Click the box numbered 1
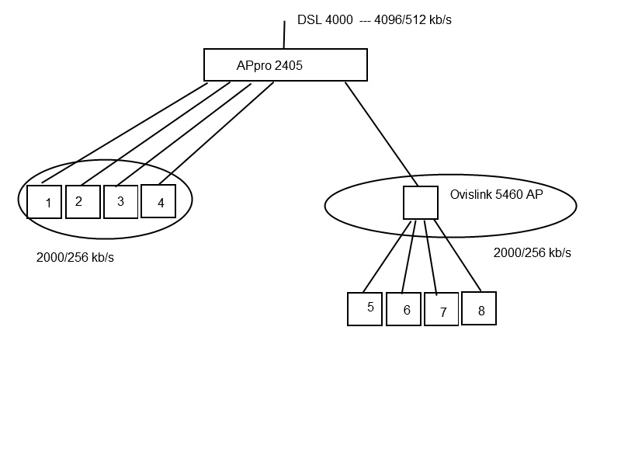(x=44, y=202)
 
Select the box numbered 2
(x=82, y=202)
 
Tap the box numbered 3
(x=120, y=202)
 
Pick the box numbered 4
(x=158, y=201)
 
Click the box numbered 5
(x=365, y=308)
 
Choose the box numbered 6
(x=404, y=309)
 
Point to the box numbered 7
(x=441, y=310)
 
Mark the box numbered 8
(x=479, y=308)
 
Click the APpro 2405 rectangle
(x=285, y=65)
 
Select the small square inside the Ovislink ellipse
(x=421, y=203)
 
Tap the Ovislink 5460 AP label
(x=496, y=195)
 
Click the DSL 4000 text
(x=324, y=20)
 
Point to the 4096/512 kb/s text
(x=413, y=20)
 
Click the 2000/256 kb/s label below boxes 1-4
(x=75, y=258)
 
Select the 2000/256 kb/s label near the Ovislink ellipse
(x=533, y=253)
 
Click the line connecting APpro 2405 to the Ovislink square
(x=380, y=133)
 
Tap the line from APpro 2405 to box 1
(x=124, y=132)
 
